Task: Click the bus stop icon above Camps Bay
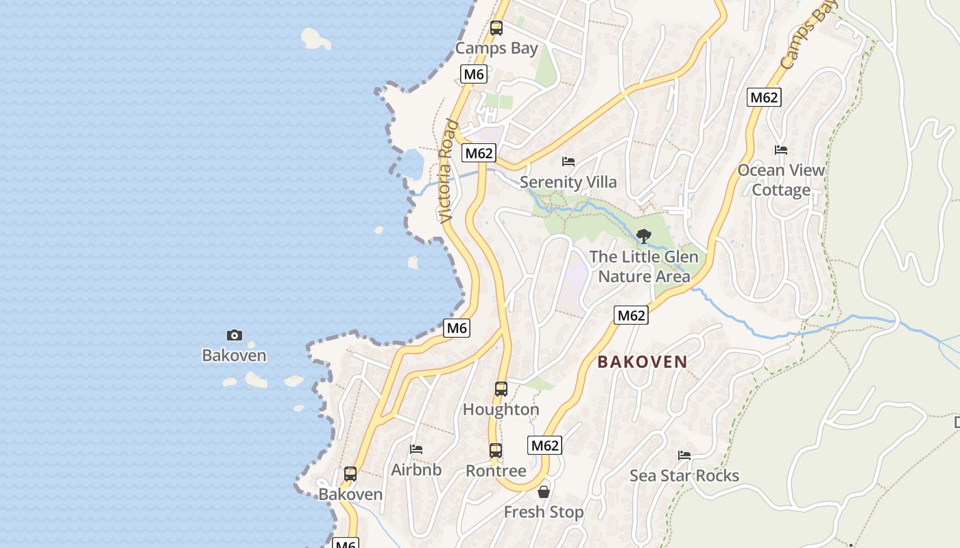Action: (496, 28)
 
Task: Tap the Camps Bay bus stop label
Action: (496, 48)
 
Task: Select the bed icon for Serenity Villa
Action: (568, 162)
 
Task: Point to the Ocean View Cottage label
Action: (781, 179)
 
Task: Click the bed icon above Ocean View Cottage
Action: (781, 150)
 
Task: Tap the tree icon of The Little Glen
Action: (643, 236)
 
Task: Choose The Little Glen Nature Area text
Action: (644, 266)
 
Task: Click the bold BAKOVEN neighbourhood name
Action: (642, 362)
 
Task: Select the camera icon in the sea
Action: (235, 335)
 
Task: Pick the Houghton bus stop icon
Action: (501, 389)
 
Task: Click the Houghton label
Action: (501, 410)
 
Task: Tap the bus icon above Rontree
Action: (496, 451)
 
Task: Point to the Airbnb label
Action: (416, 470)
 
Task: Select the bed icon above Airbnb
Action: (416, 449)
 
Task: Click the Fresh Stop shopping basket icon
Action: (544, 492)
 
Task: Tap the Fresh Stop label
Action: (544, 512)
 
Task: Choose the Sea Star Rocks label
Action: (684, 475)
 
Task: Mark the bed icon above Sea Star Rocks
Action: (684, 456)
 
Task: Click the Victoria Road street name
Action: (448, 171)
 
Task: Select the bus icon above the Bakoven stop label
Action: (350, 473)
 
